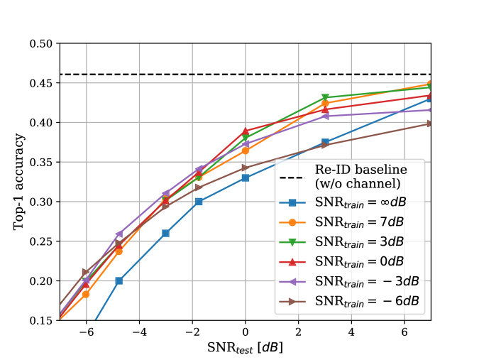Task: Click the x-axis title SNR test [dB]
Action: click(x=245, y=349)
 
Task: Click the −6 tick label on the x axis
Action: click(x=86, y=332)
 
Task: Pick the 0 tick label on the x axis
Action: click(x=246, y=332)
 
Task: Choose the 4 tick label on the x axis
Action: click(x=351, y=332)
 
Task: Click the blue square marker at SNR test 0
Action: click(x=246, y=178)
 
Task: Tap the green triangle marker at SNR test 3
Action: click(x=325, y=97)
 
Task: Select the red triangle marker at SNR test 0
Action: click(x=246, y=131)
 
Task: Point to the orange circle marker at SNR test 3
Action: click(x=325, y=104)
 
